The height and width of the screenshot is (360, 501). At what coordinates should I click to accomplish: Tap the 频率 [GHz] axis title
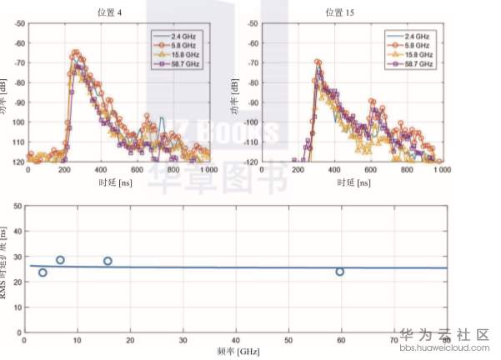(234, 352)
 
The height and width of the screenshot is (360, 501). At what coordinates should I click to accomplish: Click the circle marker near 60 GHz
(340, 272)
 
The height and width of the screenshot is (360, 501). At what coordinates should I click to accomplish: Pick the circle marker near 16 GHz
(108, 261)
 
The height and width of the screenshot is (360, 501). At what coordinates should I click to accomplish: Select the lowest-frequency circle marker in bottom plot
(43, 272)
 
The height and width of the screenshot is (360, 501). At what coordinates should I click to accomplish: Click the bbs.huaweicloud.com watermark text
(447, 350)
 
